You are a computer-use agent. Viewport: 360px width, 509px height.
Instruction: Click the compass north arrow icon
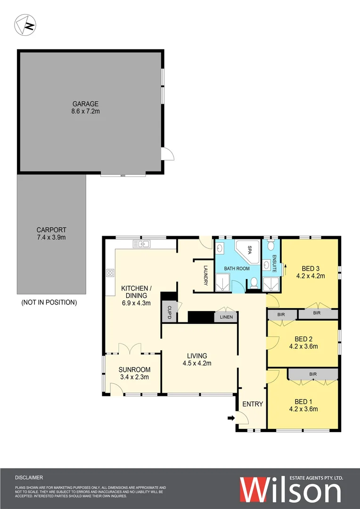25,25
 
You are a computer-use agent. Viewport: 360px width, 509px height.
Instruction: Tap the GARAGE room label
85,104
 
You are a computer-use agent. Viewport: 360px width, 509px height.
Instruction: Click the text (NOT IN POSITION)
49,303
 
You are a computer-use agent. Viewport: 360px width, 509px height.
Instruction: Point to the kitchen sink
141,244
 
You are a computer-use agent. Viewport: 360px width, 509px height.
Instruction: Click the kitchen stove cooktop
110,272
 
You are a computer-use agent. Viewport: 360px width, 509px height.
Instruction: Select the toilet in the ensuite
270,246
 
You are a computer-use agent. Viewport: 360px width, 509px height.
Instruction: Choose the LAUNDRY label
206,276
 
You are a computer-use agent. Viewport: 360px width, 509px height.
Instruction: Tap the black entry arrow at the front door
231,418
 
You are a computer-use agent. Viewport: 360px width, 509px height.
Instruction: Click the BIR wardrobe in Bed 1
313,374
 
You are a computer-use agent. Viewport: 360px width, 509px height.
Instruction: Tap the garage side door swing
168,154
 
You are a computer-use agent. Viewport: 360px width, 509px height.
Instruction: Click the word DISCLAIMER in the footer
29,477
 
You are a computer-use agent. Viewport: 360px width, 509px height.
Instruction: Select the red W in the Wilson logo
257,491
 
